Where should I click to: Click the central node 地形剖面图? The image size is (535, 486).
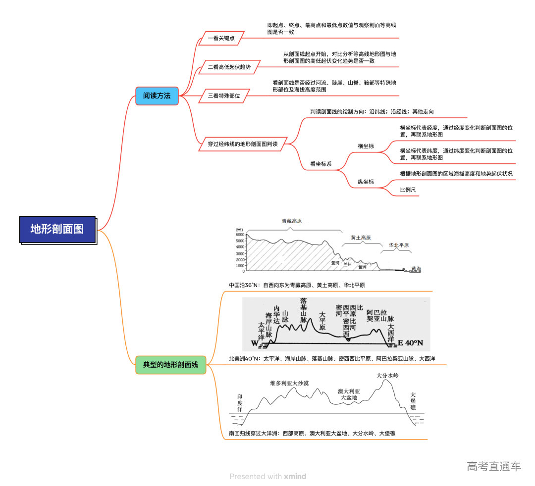(57, 229)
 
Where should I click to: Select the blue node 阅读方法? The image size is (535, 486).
(157, 96)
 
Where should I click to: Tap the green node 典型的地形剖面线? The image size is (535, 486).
(170, 365)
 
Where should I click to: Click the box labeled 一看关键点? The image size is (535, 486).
(221, 38)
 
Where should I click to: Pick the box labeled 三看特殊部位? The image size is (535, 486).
(223, 96)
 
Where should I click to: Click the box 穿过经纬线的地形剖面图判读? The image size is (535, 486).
(242, 145)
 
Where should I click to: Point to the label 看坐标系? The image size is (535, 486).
(321, 164)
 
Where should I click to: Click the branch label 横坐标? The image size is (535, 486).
(366, 146)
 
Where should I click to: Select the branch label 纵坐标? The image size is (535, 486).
(366, 182)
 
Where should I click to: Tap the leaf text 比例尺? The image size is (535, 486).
(408, 190)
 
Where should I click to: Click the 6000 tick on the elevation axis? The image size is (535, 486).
(240, 235)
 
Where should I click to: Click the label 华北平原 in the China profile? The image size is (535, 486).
(398, 245)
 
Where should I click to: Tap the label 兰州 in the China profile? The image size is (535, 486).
(347, 265)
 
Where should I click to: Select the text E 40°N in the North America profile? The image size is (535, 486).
(410, 343)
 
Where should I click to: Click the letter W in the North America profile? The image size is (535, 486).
(255, 343)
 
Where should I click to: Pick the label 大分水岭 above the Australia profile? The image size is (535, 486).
(387, 376)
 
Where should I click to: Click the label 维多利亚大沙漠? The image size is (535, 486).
(289, 383)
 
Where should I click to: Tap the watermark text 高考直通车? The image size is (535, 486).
(493, 466)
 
